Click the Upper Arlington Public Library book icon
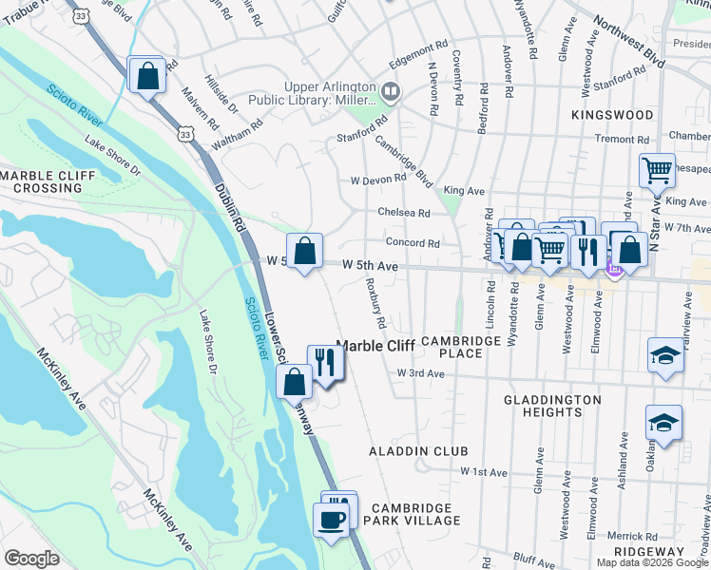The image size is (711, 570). [x=391, y=92]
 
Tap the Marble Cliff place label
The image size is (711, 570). [x=376, y=347]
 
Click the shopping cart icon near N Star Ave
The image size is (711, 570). [x=657, y=171]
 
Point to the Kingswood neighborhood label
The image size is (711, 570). [x=612, y=115]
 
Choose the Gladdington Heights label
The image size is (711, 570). [x=553, y=406]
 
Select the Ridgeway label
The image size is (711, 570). [x=649, y=552]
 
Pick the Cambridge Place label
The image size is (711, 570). [x=461, y=347]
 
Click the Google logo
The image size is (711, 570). [x=31, y=559]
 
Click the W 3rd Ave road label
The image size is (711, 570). [x=421, y=374]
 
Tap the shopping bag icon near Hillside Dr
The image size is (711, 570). [x=148, y=76]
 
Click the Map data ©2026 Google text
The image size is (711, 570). [x=652, y=562]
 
